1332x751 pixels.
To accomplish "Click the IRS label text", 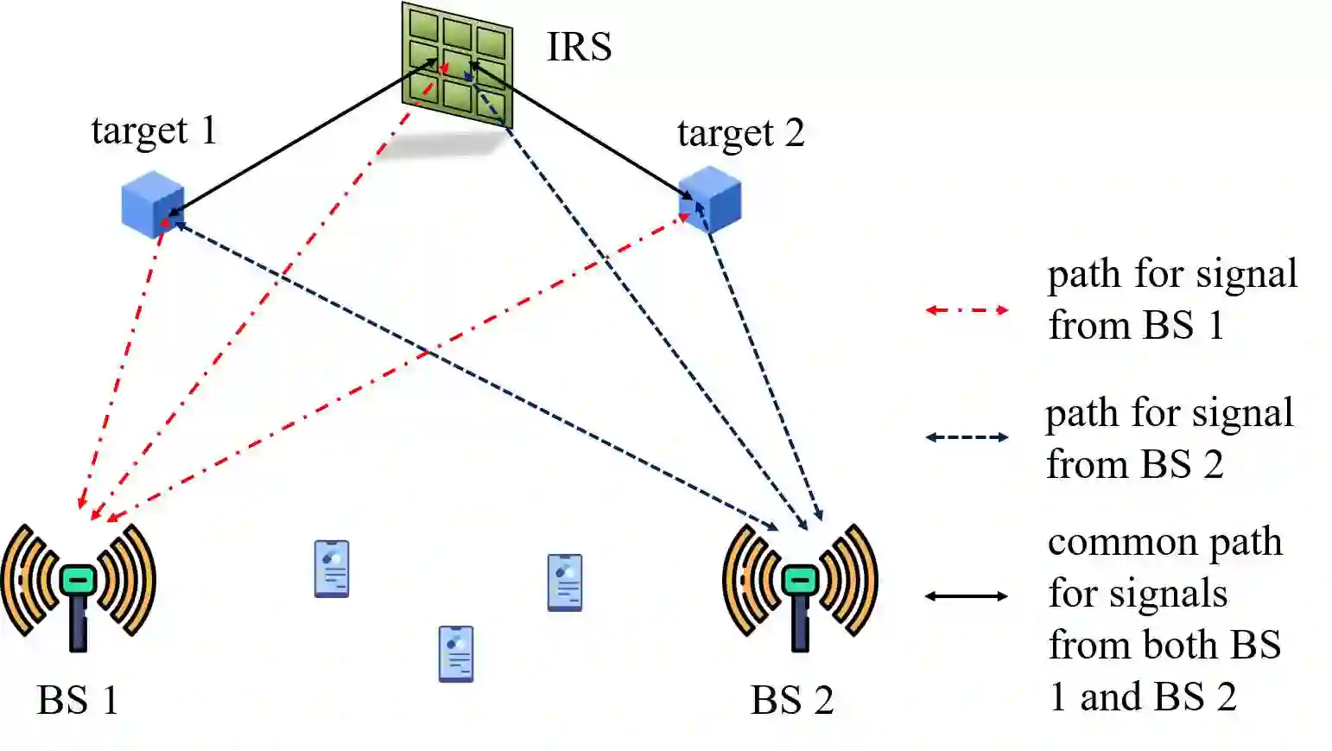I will click(x=579, y=47).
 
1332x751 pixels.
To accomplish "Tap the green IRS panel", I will click(x=457, y=66).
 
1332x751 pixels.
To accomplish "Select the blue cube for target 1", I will click(x=153, y=204).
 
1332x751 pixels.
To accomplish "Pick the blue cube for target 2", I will click(x=711, y=200).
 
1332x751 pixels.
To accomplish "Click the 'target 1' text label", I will click(x=154, y=131).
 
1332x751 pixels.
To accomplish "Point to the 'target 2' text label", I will click(x=740, y=134).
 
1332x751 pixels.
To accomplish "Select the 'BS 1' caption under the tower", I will click(x=78, y=700).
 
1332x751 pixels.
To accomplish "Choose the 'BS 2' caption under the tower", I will click(x=792, y=700).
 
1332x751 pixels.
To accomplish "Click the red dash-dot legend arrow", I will click(x=967, y=309).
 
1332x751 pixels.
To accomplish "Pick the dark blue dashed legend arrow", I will click(x=967, y=437).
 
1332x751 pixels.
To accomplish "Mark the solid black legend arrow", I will click(x=967, y=595).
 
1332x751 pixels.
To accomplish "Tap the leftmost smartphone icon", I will click(x=332, y=569).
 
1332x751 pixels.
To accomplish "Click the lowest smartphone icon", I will click(x=456, y=653).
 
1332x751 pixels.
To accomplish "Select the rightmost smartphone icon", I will click(x=565, y=582).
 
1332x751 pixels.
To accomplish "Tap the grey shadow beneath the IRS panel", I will click(x=441, y=144).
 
